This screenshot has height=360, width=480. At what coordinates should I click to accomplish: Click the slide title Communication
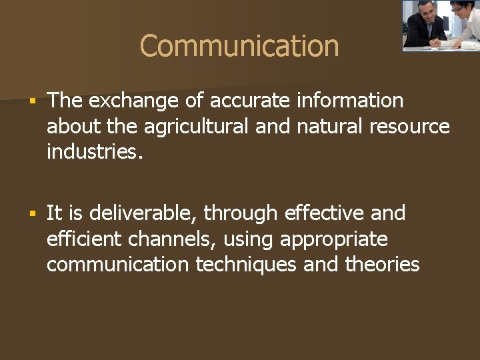pos(239,46)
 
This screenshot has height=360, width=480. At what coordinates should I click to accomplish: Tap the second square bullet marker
pos(31,214)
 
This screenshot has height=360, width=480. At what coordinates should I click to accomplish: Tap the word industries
pos(94,151)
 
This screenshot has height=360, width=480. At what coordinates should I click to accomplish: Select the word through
pos(241,213)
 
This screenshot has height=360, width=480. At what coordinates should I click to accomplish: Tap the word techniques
pos(247,264)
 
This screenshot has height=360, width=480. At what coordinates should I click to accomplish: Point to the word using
pos(253,239)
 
